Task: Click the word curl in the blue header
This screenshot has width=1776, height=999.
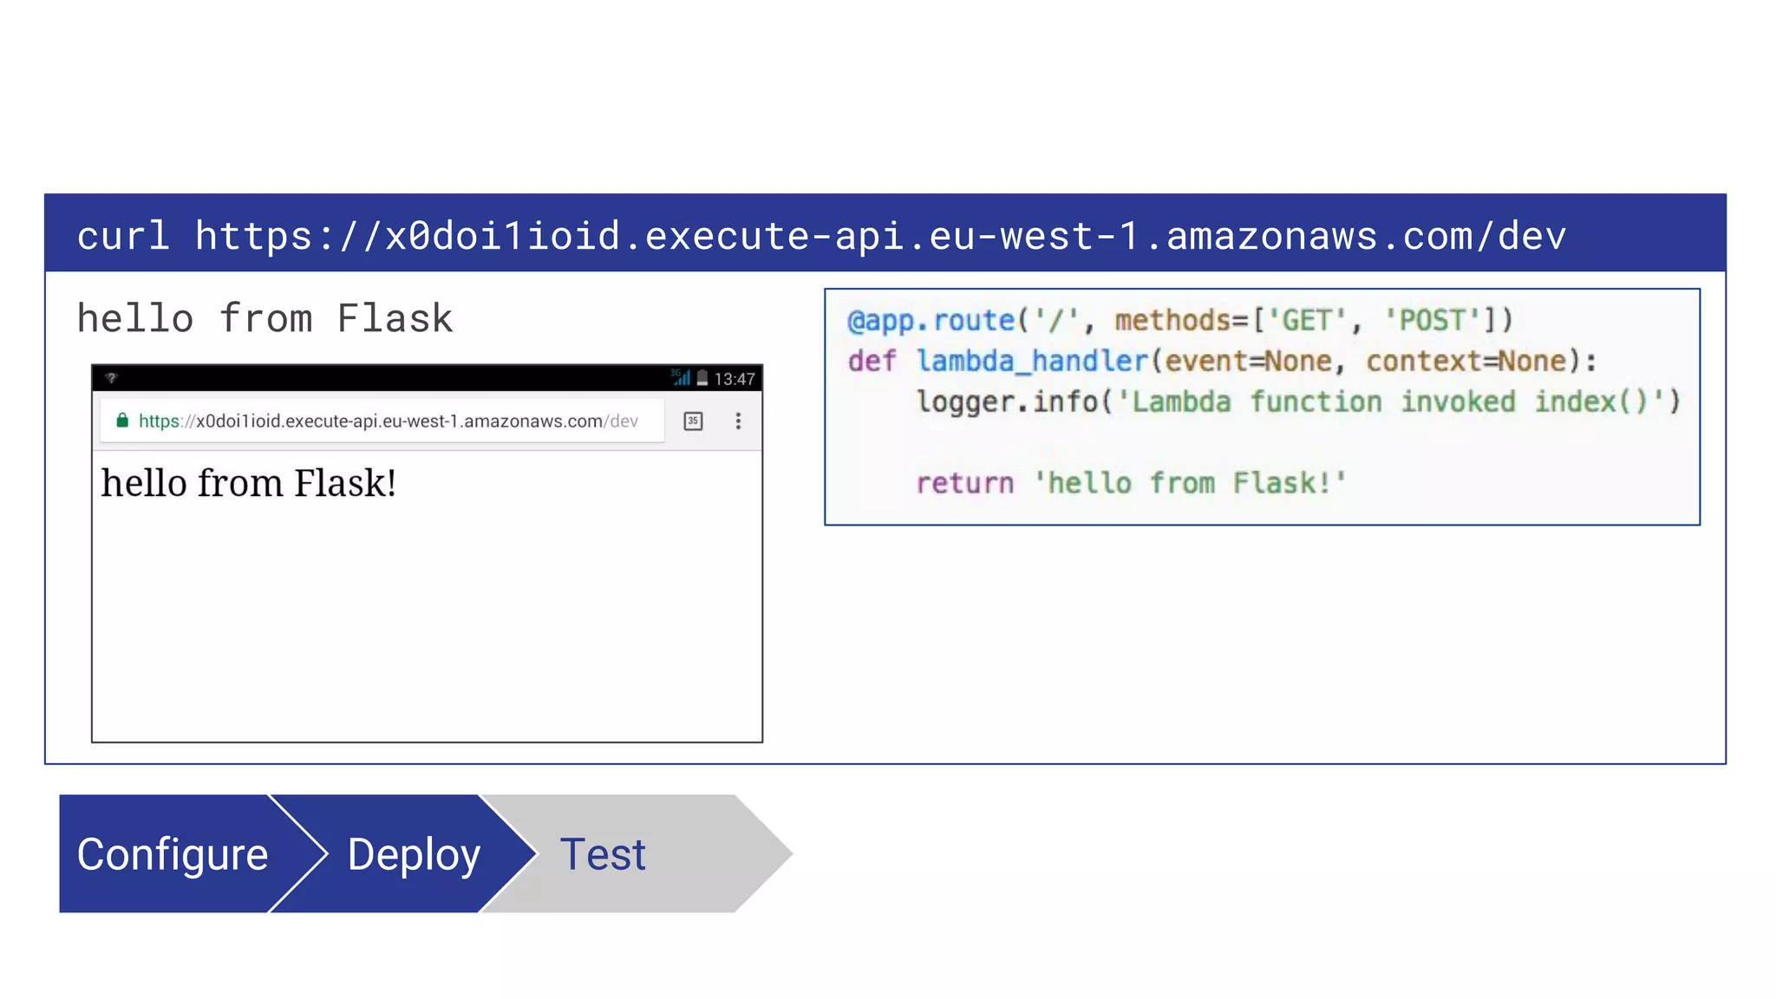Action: tap(122, 236)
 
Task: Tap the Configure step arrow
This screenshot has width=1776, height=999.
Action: tap(173, 854)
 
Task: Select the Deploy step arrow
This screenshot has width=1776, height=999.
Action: tap(414, 854)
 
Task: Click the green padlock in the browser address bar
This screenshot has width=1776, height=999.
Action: tap(122, 421)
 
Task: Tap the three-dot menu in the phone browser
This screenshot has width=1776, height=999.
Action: tap(738, 421)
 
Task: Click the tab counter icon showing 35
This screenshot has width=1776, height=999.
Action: tap(693, 421)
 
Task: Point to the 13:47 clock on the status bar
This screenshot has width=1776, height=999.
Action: tap(734, 379)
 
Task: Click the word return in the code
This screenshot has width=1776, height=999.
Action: tap(964, 483)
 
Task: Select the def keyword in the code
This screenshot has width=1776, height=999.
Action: tap(871, 361)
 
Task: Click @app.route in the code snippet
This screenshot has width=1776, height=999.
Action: tap(930, 321)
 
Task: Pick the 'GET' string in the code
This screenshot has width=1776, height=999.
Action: tap(1307, 321)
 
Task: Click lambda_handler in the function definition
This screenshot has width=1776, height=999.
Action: tap(1032, 361)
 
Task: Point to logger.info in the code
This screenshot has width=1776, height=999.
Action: tap(1008, 402)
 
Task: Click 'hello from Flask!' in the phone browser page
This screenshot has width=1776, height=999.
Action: tap(249, 483)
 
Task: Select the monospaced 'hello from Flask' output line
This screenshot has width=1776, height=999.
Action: tap(264, 318)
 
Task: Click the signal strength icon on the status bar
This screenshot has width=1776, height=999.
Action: tap(682, 378)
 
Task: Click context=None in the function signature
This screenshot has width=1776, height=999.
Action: tap(1466, 361)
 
